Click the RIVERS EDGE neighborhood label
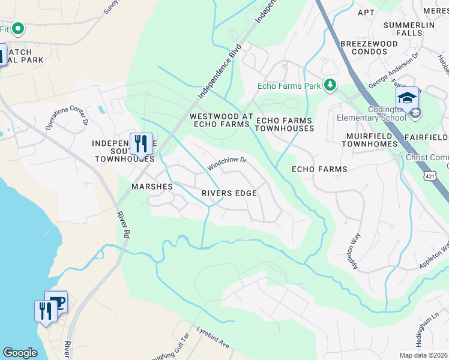(229, 193)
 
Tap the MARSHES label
(152, 187)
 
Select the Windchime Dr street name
(228, 160)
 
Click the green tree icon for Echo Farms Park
(330, 86)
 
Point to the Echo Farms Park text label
(289, 86)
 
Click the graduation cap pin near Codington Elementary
(407, 97)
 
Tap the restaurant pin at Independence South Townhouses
(141, 144)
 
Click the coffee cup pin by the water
(56, 301)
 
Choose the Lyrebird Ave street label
(214, 338)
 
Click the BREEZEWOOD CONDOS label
(369, 48)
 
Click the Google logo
(20, 353)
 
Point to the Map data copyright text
(423, 355)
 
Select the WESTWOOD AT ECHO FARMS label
(219, 120)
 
